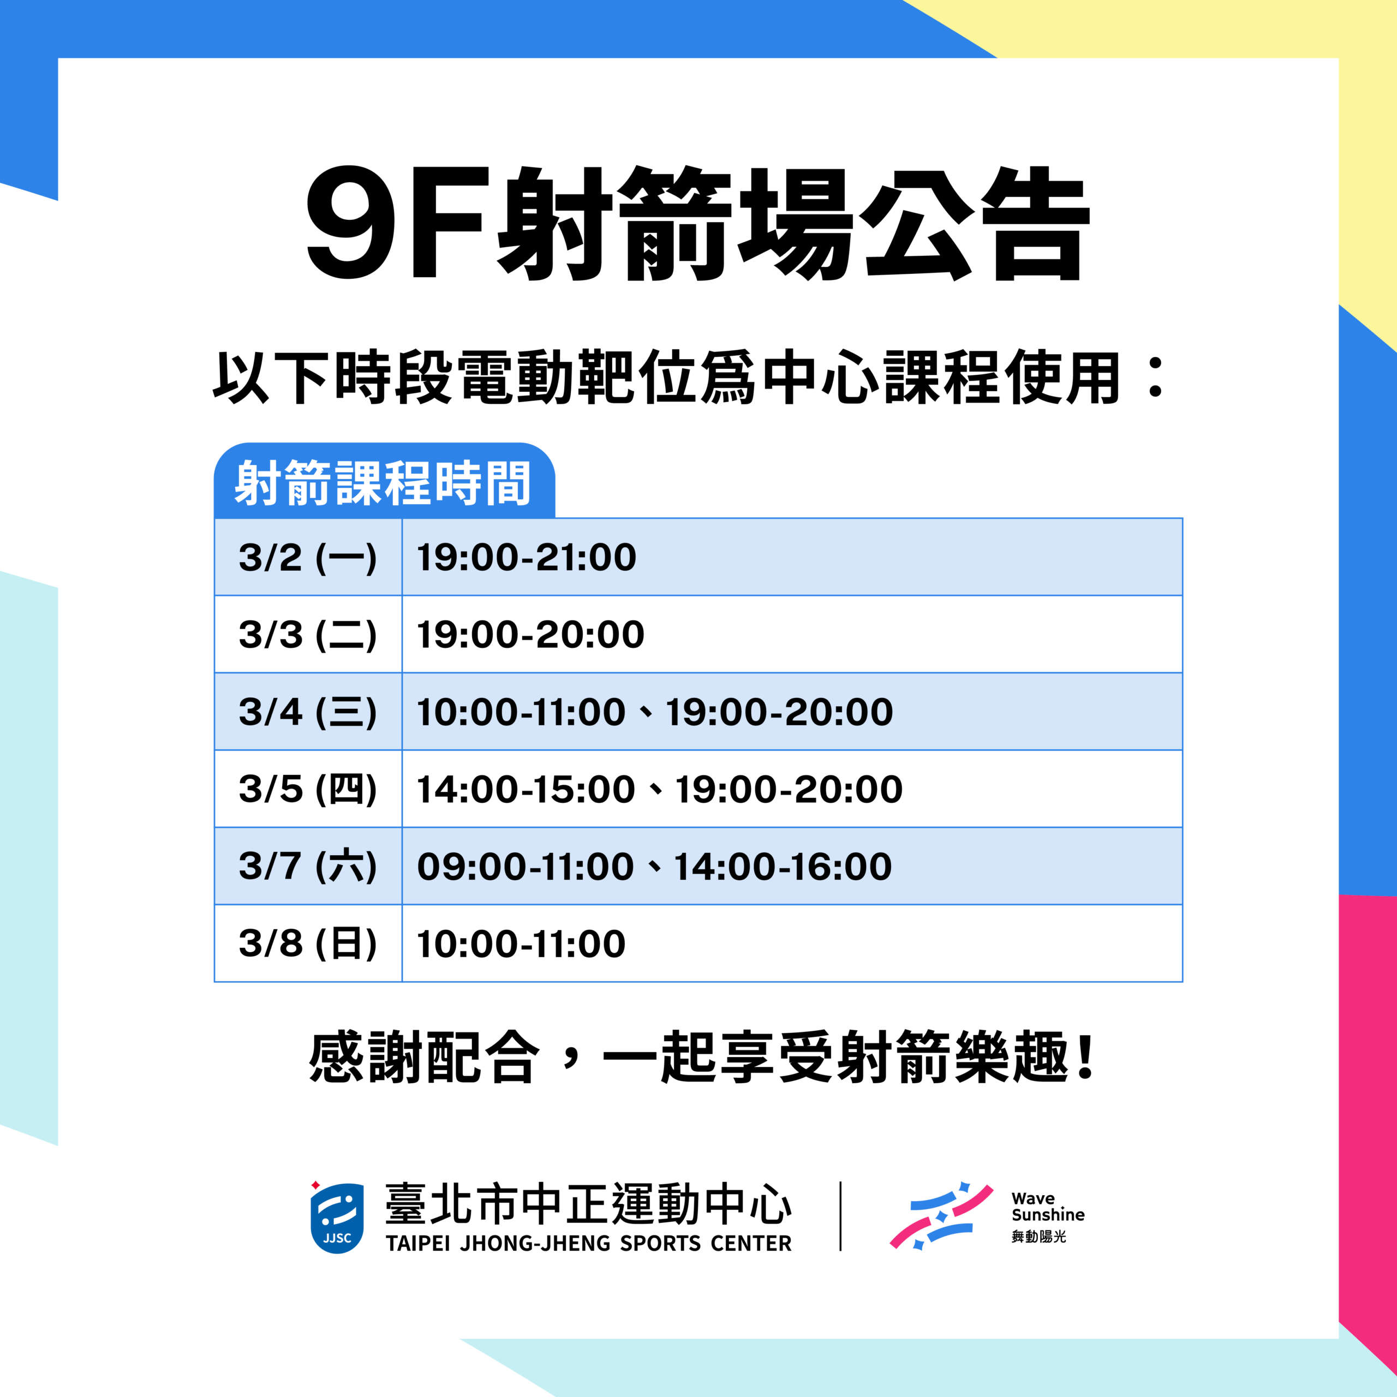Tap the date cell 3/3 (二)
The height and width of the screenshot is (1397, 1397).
coord(307,635)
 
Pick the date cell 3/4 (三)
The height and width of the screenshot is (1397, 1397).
coord(307,712)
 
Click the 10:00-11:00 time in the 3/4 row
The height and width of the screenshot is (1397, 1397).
coord(521,712)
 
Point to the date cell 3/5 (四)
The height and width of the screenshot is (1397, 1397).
coord(307,790)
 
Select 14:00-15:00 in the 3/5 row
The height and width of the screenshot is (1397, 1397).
coord(526,790)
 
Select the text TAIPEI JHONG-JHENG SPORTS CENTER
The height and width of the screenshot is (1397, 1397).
coord(589,1244)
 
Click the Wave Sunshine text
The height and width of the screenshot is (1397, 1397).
coord(1048,1207)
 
